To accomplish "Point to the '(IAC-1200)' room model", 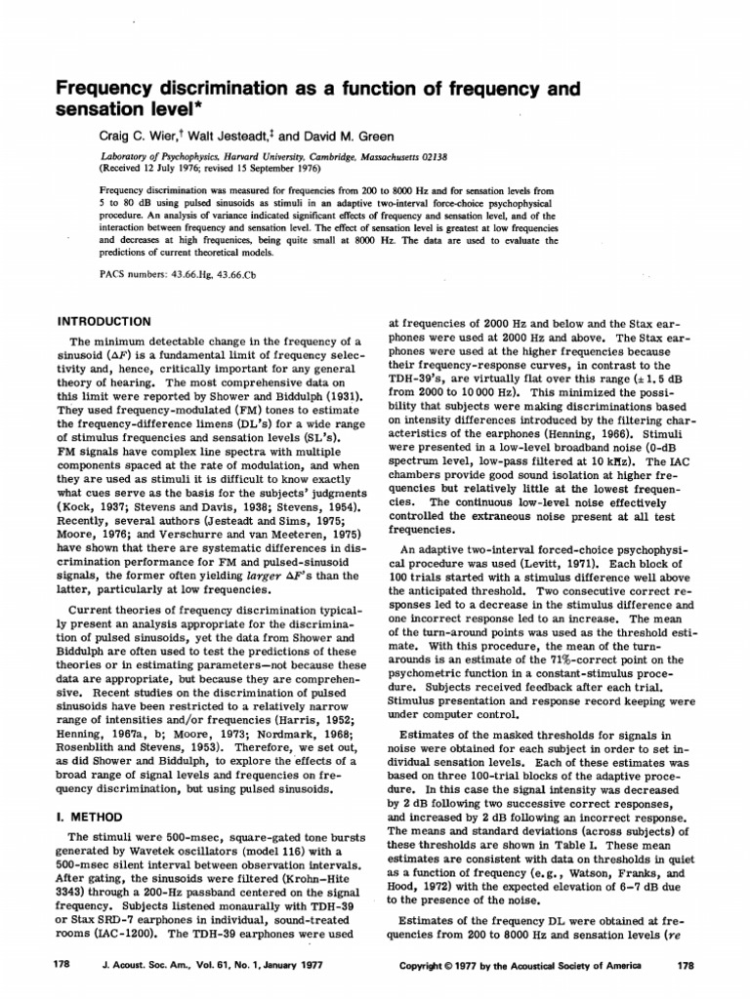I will pos(99,934).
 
